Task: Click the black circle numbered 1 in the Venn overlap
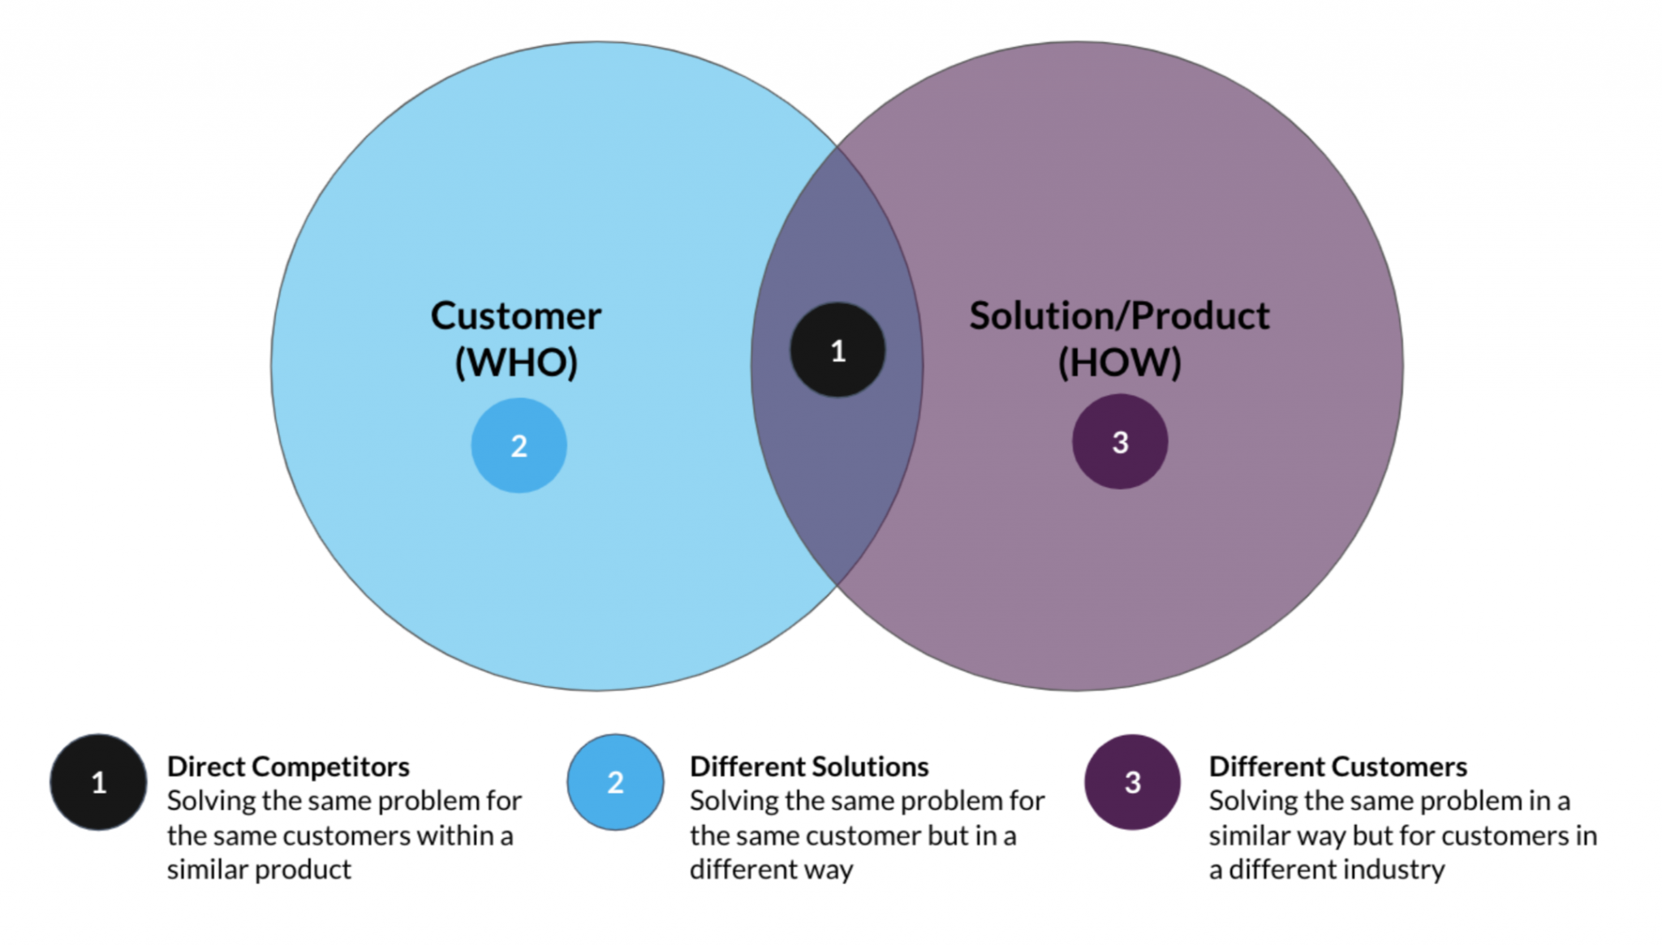(x=837, y=350)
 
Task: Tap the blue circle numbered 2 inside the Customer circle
(x=519, y=445)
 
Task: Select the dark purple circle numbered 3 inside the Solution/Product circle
(x=1120, y=442)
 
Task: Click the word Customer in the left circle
(x=515, y=316)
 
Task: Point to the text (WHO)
(x=516, y=362)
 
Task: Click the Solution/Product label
(x=1119, y=316)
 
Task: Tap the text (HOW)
(x=1119, y=362)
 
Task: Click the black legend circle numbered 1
(x=98, y=782)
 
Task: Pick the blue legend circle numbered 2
(x=615, y=782)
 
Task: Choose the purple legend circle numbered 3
(x=1132, y=782)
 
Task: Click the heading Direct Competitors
(x=288, y=767)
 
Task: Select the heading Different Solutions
(x=809, y=767)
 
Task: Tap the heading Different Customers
(x=1337, y=767)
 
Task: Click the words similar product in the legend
(x=259, y=870)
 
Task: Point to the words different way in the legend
(x=771, y=870)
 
